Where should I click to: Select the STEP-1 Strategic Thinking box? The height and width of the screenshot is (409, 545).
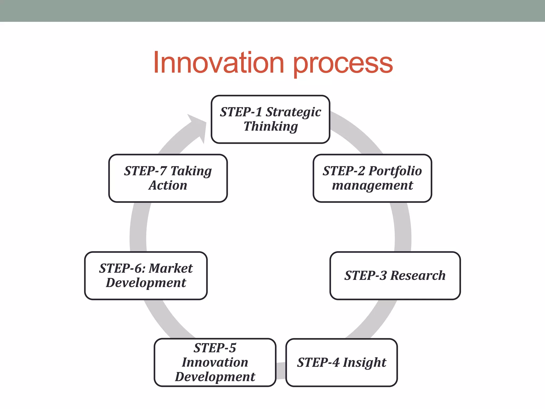(270, 119)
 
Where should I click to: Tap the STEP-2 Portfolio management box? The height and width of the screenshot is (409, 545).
(372, 178)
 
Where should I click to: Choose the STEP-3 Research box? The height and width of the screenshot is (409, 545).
(395, 276)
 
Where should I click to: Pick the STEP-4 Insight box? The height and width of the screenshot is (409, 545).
(341, 362)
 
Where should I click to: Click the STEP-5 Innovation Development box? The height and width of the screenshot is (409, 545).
(215, 362)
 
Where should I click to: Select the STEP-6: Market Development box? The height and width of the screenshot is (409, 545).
(146, 276)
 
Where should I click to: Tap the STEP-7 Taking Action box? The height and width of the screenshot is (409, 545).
(168, 178)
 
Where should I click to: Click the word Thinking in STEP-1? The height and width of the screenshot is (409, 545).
(271, 126)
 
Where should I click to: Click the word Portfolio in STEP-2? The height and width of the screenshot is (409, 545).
(395, 171)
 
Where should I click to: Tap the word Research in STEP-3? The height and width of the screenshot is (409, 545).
(418, 276)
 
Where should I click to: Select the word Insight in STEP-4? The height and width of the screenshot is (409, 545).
(364, 363)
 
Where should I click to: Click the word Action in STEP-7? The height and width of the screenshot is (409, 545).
(168, 185)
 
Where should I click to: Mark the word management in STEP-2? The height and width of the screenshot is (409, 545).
(372, 185)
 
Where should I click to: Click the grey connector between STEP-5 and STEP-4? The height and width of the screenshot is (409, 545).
(281, 370)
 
